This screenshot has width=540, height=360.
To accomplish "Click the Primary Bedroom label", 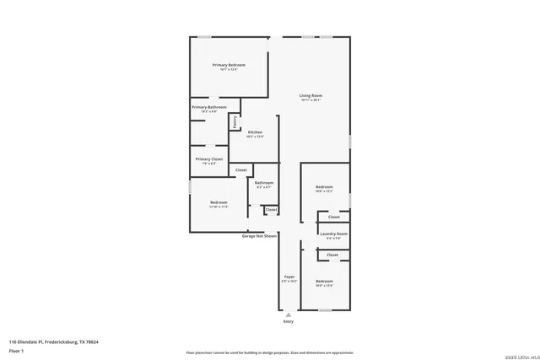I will [x=229, y=65].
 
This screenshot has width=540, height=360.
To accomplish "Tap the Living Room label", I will [x=310, y=95].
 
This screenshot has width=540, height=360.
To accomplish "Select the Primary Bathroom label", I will [x=209, y=107].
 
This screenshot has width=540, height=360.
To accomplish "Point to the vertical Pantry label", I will [x=234, y=122].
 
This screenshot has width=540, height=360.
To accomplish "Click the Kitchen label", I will [x=256, y=132].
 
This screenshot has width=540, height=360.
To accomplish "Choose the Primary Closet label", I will [x=209, y=159].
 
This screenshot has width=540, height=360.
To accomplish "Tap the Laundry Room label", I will [x=333, y=234].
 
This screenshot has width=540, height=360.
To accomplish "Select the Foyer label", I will [x=289, y=277].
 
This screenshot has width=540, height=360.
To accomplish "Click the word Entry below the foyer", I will [x=289, y=321].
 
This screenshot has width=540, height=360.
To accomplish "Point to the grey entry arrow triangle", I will [x=289, y=314].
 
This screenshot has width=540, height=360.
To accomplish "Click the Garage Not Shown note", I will [x=260, y=236].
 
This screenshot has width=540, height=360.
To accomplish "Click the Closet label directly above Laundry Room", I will [x=333, y=217].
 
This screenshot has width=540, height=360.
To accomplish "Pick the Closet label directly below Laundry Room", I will [x=332, y=255].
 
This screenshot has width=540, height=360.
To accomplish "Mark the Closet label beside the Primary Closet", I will [x=241, y=170].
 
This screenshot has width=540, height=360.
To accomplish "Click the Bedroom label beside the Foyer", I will [x=325, y=281].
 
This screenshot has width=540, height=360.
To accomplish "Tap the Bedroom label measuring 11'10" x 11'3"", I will [x=219, y=202].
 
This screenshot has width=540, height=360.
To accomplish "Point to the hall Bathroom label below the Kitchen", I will [x=263, y=182].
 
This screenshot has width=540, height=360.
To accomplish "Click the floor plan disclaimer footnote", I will [x=270, y=352].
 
